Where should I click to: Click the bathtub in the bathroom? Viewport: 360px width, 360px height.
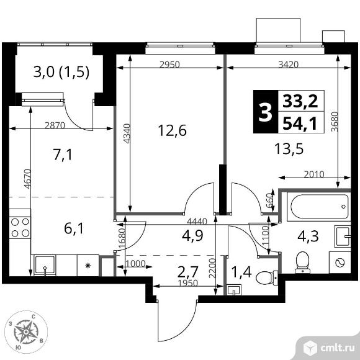(x=318, y=207)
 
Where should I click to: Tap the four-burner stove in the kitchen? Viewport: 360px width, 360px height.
(x=20, y=228)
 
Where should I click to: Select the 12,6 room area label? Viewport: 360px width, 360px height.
(x=172, y=130)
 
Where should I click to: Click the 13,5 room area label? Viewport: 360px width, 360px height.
(x=289, y=148)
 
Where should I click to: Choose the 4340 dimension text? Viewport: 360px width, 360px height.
(x=127, y=133)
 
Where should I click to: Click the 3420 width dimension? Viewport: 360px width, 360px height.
(x=289, y=65)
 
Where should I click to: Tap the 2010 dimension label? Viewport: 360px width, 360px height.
(x=314, y=174)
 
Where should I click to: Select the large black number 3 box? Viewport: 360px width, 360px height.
(x=266, y=112)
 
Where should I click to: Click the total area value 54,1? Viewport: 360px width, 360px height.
(x=300, y=124)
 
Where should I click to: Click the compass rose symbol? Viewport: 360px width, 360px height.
(x=26, y=332)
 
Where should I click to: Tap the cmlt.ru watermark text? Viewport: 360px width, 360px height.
(x=337, y=348)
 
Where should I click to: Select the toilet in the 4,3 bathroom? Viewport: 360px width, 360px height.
(x=302, y=263)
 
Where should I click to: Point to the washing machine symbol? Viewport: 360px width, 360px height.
(x=340, y=262)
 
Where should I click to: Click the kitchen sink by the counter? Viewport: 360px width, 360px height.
(x=45, y=265)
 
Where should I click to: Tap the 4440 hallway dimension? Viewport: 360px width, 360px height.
(x=197, y=222)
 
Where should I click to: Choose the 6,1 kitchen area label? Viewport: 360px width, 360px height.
(x=74, y=228)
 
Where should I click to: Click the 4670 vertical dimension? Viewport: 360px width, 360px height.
(x=27, y=179)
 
